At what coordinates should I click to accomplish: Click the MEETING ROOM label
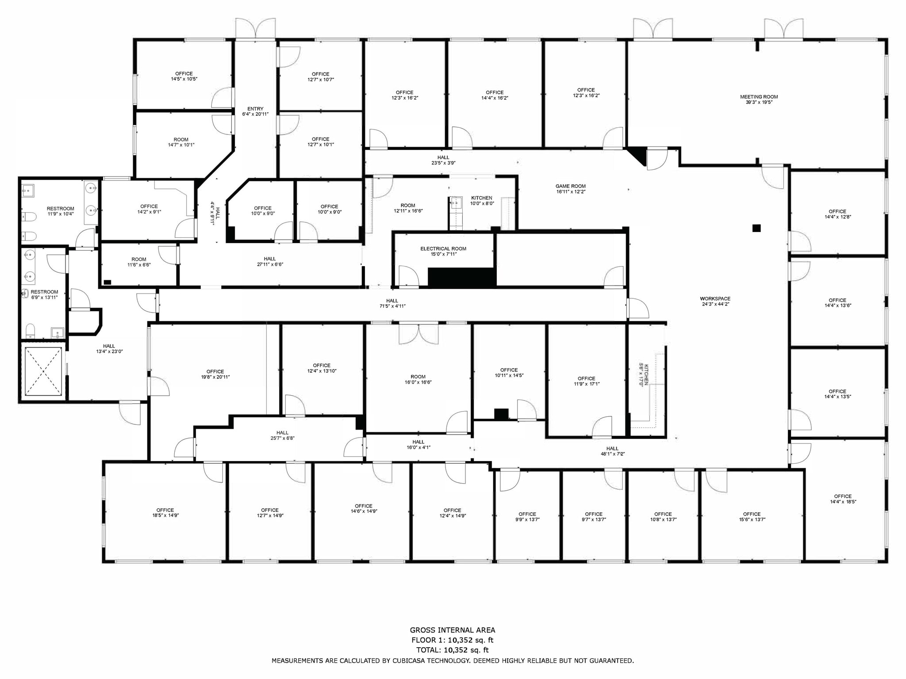pyautogui.click(x=759, y=97)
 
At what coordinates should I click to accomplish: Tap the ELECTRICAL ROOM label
pyautogui.click(x=443, y=249)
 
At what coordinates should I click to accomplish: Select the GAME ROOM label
pyautogui.click(x=571, y=186)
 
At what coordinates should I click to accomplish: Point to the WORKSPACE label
pyautogui.click(x=715, y=299)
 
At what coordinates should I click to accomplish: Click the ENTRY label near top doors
pyautogui.click(x=255, y=109)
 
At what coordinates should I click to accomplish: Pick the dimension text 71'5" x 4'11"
pyautogui.click(x=392, y=306)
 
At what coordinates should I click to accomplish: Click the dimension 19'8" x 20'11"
pyautogui.click(x=215, y=377)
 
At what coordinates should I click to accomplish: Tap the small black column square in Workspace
pyautogui.click(x=756, y=229)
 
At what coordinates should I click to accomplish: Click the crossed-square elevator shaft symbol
pyautogui.click(x=43, y=371)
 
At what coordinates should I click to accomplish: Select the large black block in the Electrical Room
pyautogui.click(x=462, y=278)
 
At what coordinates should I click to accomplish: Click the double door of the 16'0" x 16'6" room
pyautogui.click(x=418, y=334)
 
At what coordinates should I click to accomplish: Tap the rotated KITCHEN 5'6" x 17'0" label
pyautogui.click(x=643, y=375)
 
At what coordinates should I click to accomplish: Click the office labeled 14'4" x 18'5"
pyautogui.click(x=843, y=499)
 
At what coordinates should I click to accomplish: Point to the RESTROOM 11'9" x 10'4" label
pyautogui.click(x=61, y=211)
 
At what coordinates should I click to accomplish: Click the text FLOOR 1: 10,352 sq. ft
pyautogui.click(x=452, y=640)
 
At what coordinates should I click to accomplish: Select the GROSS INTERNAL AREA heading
pyautogui.click(x=452, y=630)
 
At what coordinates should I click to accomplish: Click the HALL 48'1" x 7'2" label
pyautogui.click(x=612, y=451)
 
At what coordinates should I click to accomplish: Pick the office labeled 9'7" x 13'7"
pyautogui.click(x=594, y=517)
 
